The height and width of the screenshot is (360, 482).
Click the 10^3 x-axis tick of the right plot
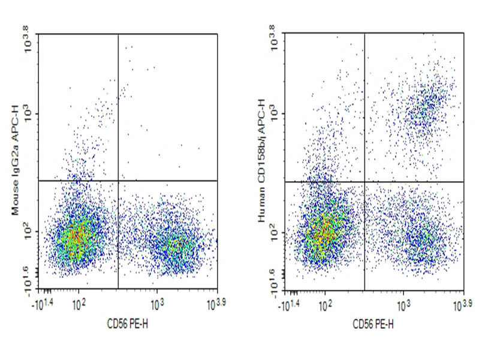[x=403, y=303]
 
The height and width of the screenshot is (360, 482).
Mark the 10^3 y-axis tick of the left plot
[x=29, y=113]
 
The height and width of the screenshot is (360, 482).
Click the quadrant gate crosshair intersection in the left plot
[x=119, y=180]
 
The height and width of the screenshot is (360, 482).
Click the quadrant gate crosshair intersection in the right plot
[x=364, y=181]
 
